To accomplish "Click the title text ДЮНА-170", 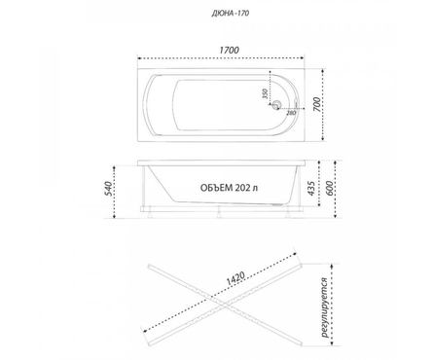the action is pyautogui.click(x=231, y=14).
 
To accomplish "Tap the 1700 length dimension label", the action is pyautogui.click(x=229, y=51).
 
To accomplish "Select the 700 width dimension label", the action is pyautogui.click(x=317, y=104).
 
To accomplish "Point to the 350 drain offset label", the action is pyautogui.click(x=265, y=93).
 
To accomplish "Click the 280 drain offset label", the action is pyautogui.click(x=291, y=113).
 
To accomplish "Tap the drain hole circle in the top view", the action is pyautogui.click(x=276, y=104).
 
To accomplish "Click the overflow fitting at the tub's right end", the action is pyautogui.click(x=296, y=103).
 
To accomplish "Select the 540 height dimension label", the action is pyautogui.click(x=109, y=189).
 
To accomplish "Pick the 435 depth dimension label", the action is pyautogui.click(x=310, y=188).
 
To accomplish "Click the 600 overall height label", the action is pyautogui.click(x=328, y=188).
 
